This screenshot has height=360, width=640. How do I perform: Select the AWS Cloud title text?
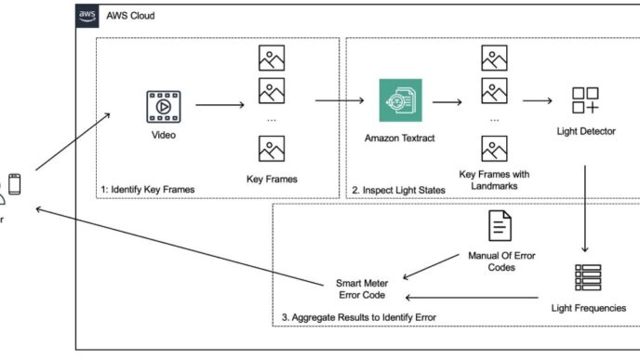[x=131, y=17]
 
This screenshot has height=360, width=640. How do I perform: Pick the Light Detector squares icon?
[x=586, y=101]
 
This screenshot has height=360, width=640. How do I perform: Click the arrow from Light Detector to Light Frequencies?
[x=585, y=209]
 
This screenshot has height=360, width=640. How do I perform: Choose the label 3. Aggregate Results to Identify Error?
[x=358, y=318]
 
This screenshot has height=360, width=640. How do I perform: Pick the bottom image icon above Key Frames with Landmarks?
[x=494, y=149]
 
